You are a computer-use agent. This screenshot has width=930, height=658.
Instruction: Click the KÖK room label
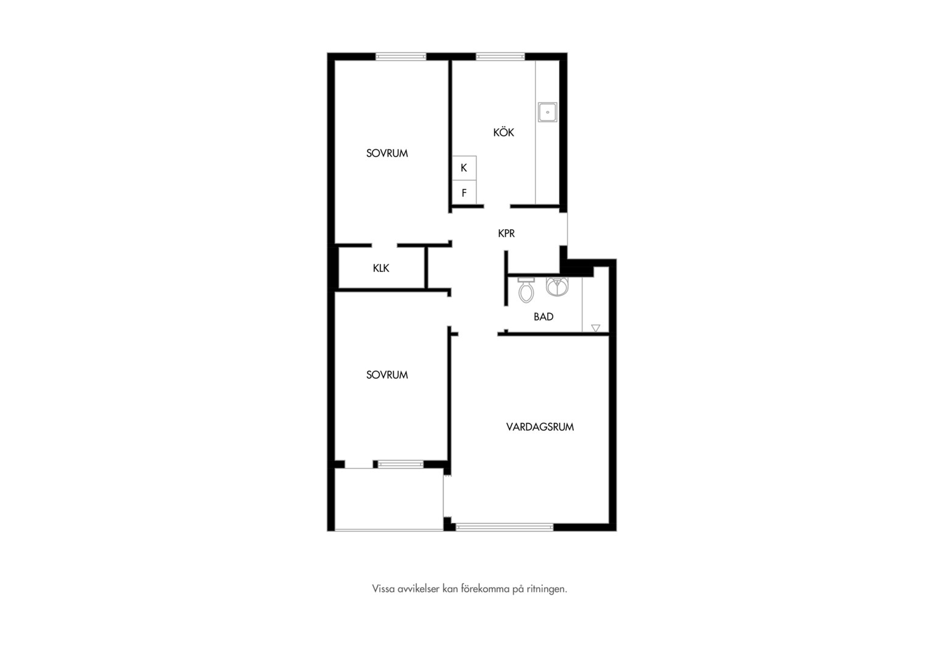click(x=503, y=132)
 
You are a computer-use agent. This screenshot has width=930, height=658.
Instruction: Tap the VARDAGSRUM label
click(x=540, y=427)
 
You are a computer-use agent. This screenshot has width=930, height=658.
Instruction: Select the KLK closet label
click(x=381, y=268)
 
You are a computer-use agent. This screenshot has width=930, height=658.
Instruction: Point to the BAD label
click(x=544, y=317)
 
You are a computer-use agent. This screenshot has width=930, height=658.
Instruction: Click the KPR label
click(x=506, y=233)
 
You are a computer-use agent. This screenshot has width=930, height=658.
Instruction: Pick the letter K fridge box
click(x=464, y=168)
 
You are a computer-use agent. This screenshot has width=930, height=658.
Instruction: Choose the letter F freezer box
click(x=464, y=193)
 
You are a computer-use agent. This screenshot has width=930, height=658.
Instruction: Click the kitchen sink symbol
click(x=547, y=112)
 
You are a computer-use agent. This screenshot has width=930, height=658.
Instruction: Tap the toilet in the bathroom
click(x=526, y=290)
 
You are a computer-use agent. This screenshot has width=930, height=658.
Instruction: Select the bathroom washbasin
click(x=557, y=287)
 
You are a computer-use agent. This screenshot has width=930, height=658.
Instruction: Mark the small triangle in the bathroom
click(x=595, y=328)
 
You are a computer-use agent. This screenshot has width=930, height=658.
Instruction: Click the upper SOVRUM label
click(x=387, y=154)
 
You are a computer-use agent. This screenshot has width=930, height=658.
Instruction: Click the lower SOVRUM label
click(x=387, y=375)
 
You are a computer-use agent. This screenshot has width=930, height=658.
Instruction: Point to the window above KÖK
click(x=500, y=57)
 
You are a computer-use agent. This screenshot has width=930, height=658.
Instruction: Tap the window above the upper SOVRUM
click(x=400, y=57)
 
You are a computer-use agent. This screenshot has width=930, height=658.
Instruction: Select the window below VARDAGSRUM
click(x=505, y=527)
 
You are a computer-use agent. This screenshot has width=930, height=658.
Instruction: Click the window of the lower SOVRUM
click(x=400, y=464)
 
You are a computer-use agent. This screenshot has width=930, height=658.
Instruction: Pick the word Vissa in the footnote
click(x=382, y=589)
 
